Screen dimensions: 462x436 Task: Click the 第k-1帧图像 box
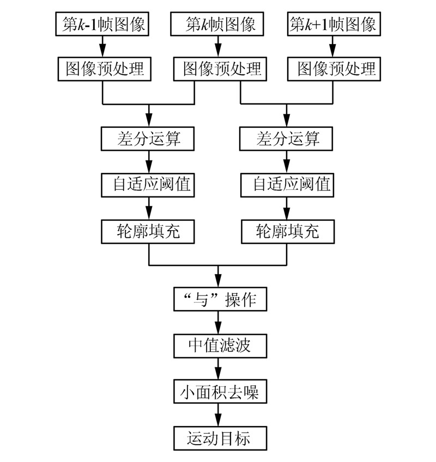(x=102, y=24)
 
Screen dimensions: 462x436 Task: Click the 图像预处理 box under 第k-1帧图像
(x=102, y=69)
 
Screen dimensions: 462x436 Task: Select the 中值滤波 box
(x=218, y=346)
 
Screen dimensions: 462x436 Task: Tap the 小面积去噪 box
(x=218, y=392)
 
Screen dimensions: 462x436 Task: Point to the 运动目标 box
(x=218, y=438)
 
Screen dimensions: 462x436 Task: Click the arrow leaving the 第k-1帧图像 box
(x=102, y=46)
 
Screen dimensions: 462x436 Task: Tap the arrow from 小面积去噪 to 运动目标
(x=218, y=415)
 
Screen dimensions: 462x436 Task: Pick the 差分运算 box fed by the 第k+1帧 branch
(x=287, y=139)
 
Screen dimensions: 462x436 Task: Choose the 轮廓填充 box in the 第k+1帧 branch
(x=287, y=232)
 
